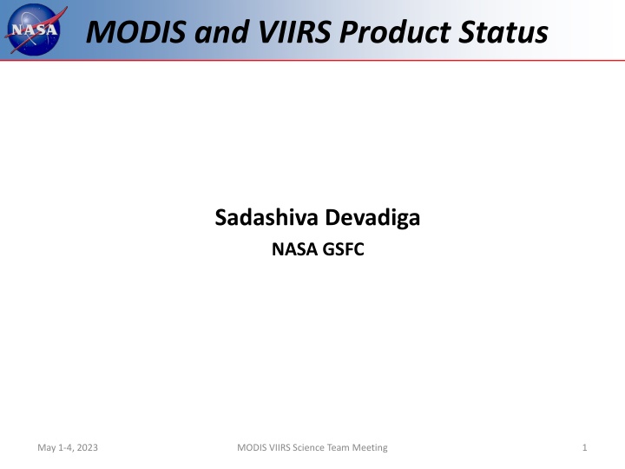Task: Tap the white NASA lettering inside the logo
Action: coord(34,30)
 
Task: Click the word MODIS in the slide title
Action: coord(136,31)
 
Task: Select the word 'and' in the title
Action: coord(222,31)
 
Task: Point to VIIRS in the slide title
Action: coord(295,31)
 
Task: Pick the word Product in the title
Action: coord(395,31)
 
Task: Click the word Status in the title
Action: coord(503,31)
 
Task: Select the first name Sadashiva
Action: coord(266,217)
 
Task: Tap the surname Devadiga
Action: coord(372,218)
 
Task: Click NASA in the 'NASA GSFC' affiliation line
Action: coord(294,249)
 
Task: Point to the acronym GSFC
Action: coord(343,249)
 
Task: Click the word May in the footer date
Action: coord(47,448)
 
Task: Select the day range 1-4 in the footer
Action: coord(65,447)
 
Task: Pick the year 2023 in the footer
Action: coord(87,447)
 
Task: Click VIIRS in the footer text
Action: coord(280,447)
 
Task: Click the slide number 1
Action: coord(585,447)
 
